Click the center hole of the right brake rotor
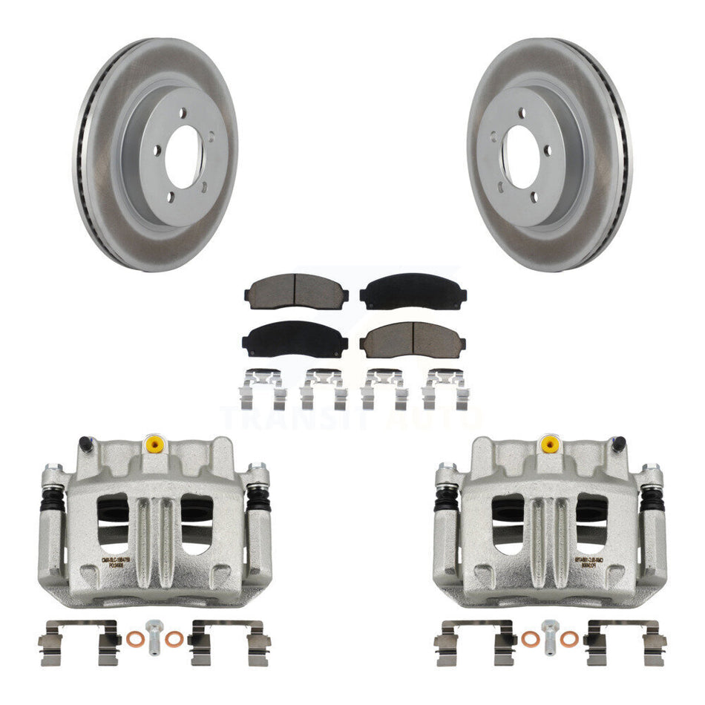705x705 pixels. point(522,156)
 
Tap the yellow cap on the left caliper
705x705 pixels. point(155,444)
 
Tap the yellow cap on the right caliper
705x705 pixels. point(549,444)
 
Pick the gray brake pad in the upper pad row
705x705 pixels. point(295,292)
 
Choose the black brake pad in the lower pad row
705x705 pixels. point(295,339)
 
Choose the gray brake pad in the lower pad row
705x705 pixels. point(413,339)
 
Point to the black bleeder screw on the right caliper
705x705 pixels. point(617,445)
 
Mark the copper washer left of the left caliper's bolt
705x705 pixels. point(134,638)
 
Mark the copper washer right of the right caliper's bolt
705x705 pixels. point(569,638)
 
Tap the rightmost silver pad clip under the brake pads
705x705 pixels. point(445,388)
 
